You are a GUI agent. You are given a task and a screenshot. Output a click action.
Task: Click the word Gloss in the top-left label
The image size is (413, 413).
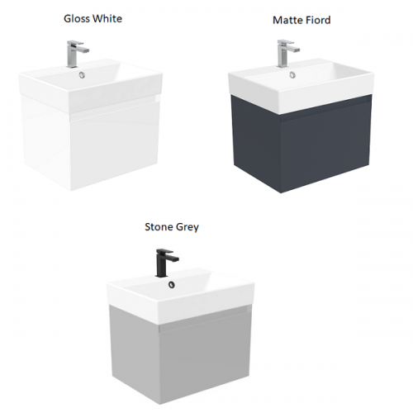(77, 19)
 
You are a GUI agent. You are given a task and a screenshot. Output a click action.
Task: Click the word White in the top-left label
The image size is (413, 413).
(107, 19)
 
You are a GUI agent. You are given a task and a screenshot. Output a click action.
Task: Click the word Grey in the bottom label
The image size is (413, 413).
(188, 228)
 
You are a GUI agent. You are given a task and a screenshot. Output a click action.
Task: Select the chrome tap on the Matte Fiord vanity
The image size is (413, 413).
(287, 54)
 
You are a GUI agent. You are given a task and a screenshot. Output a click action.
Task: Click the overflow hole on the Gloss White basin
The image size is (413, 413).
(82, 74)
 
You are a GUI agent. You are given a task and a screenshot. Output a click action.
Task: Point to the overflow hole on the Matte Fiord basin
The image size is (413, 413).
(292, 74)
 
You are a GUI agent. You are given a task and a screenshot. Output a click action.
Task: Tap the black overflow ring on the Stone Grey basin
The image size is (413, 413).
(172, 285)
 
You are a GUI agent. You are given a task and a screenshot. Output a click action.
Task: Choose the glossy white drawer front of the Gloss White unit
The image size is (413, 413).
(114, 149)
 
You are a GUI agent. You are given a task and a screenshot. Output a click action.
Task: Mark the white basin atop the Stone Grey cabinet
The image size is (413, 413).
(180, 296)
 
